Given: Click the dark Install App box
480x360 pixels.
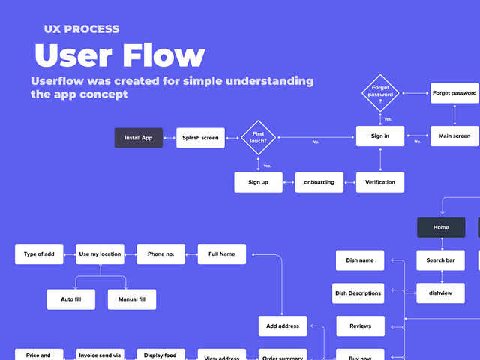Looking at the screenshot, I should tap(138, 138).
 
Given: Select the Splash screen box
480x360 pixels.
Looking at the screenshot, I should tap(200, 138).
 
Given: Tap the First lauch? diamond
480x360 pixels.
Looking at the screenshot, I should tap(258, 137).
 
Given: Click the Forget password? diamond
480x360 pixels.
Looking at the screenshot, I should tap(380, 93).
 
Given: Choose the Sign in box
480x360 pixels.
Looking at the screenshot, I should tap(380, 136).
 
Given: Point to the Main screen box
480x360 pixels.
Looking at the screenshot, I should tap(454, 136).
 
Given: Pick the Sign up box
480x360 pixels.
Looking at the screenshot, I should tap(258, 182).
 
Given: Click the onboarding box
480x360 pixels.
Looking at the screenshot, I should tap(319, 182).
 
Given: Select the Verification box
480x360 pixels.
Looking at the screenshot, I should tap(380, 182).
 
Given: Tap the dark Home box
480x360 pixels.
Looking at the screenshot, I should tap(440, 227).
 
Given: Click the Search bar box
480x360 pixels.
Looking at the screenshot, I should tap(440, 260).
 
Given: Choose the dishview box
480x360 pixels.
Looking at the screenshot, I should tap(440, 293).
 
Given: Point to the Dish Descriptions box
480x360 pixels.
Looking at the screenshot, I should tap(358, 293).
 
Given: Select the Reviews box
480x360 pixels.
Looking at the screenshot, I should tap(361, 326).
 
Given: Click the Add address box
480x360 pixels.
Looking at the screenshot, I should tap(283, 326).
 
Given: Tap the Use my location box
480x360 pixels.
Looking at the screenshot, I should tap(100, 254).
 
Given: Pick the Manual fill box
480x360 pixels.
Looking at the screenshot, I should tap(132, 299).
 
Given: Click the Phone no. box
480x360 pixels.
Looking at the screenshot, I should tap(160, 254).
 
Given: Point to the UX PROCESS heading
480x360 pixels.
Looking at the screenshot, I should tap(81, 29).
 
